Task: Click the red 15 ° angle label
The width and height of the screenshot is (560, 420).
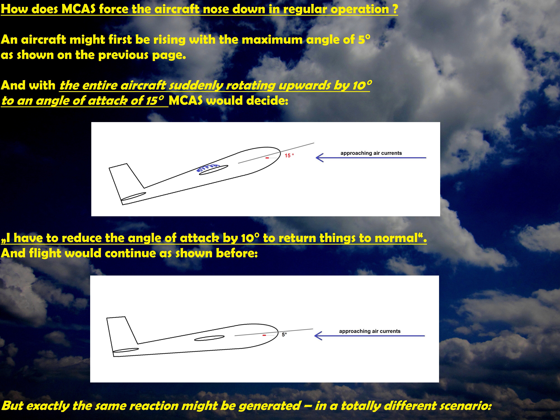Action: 289,155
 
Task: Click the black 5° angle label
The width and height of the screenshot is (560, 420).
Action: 284,334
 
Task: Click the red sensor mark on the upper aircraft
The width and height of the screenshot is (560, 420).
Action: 267,158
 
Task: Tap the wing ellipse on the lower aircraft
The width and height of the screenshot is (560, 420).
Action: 209,338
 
